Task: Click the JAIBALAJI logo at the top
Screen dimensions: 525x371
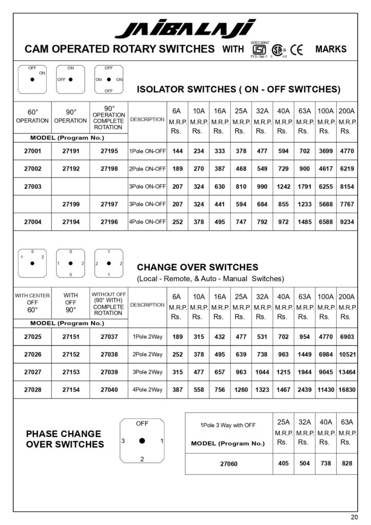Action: (185, 29)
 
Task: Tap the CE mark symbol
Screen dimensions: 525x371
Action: (297, 50)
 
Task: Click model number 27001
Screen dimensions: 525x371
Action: (32, 151)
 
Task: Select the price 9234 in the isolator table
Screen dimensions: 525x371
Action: (347, 221)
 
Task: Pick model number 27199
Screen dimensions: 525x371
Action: (71, 204)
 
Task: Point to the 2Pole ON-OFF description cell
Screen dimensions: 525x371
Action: (147, 169)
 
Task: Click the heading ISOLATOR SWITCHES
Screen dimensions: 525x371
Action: (238, 89)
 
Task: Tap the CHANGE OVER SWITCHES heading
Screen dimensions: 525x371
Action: (197, 267)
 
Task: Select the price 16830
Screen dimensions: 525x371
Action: (347, 390)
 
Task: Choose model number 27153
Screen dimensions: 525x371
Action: (71, 372)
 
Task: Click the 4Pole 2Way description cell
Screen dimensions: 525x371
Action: (147, 390)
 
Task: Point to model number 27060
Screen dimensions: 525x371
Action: (228, 463)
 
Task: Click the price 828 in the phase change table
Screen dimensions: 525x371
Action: (347, 463)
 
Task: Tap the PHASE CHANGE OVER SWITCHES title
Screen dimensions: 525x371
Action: (64, 439)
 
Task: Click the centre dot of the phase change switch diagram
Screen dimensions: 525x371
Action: (142, 440)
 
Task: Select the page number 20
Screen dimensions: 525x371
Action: (355, 516)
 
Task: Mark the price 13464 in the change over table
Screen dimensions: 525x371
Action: (347, 372)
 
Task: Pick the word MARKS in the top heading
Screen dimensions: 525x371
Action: (331, 49)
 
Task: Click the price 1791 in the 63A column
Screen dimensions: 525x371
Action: (304, 187)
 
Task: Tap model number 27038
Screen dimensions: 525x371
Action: (109, 354)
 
